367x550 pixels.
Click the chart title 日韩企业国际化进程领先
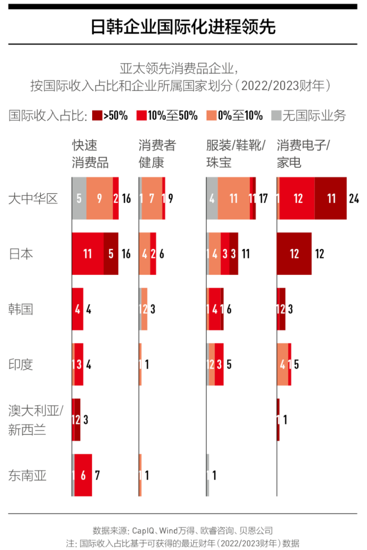183,27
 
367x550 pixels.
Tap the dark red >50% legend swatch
97,115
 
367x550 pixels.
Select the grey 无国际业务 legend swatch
276,115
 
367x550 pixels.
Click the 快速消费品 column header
91,154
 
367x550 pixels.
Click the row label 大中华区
33,198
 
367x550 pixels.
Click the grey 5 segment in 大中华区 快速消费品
79,198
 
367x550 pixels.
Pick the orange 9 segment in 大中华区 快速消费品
99,198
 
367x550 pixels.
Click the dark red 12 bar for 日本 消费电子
294,254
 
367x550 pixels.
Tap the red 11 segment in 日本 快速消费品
88,254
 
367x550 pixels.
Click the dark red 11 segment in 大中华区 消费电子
331,198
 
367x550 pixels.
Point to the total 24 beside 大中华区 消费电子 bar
353,198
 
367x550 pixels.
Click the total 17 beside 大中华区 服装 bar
263,198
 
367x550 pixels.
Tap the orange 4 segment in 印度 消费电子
282,365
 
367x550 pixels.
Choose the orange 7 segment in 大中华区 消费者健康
152,198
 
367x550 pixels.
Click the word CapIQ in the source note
143,530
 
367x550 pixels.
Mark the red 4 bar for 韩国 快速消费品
77,309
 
